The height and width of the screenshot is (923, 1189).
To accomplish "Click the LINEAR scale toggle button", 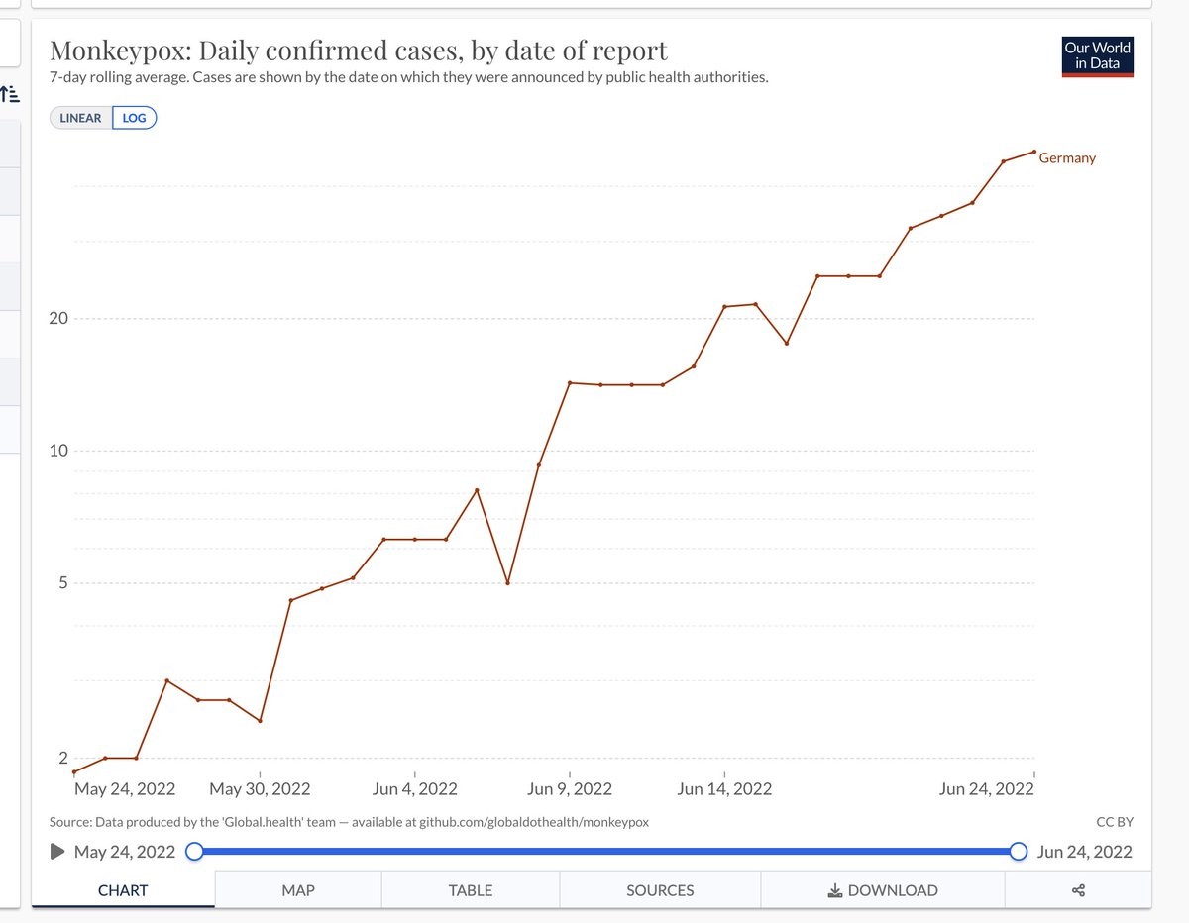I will click(81, 118).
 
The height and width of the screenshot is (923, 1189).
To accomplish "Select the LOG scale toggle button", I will click(135, 118).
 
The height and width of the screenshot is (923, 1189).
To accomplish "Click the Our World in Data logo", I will click(1097, 55).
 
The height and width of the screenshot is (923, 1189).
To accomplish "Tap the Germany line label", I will click(1067, 158).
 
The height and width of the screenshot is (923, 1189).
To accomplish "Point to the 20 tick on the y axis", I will click(59, 319).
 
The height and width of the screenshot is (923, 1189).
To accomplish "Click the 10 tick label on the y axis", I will click(59, 452).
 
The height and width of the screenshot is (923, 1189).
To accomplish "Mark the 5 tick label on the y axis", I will click(62, 583).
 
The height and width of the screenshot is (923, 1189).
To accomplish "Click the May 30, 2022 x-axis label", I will click(260, 789).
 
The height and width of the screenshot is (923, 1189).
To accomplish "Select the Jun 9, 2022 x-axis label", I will click(570, 789).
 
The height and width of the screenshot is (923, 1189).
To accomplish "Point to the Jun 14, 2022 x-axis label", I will click(724, 789).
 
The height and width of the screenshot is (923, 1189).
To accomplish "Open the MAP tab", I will click(298, 890).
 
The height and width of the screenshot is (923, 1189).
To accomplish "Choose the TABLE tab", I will click(471, 890).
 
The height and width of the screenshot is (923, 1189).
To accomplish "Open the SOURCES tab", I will click(660, 890).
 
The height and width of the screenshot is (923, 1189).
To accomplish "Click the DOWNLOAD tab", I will click(883, 890).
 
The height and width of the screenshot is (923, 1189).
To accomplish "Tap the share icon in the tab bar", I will click(1079, 890).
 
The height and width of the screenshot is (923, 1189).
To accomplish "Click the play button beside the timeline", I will click(57, 852).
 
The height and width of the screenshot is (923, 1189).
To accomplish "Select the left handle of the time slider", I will click(194, 852).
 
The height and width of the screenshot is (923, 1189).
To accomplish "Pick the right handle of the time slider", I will click(1019, 852).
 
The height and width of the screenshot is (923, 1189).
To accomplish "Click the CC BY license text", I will click(1116, 822).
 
